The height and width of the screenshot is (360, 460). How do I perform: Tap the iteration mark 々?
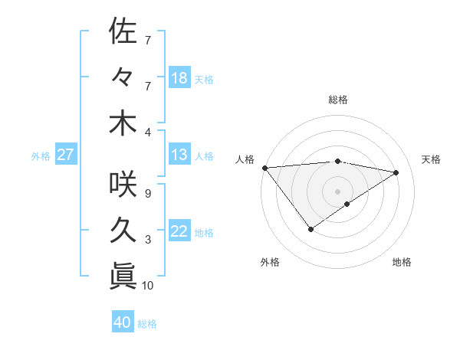[x=123, y=77]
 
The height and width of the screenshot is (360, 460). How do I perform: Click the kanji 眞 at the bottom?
[x=123, y=277]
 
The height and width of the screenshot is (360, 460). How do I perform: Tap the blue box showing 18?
[x=179, y=78]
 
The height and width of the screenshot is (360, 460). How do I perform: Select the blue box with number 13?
[x=179, y=155]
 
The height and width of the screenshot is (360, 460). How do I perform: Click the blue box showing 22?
[x=179, y=231]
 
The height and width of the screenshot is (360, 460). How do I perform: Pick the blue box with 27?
[x=66, y=155]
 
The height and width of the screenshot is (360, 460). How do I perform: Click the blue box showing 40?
[x=123, y=323]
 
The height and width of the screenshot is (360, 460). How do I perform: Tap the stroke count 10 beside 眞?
[x=148, y=286]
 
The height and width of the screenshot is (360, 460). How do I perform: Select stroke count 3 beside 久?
[x=147, y=240]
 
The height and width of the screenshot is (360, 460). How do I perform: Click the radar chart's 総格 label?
[x=337, y=100]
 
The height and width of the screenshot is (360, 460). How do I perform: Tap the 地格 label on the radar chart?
[x=402, y=262]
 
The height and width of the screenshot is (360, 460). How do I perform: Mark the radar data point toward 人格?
[x=264, y=167]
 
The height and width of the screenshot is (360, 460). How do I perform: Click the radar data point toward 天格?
[x=396, y=172]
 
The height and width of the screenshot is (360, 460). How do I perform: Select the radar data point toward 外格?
[x=310, y=229]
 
